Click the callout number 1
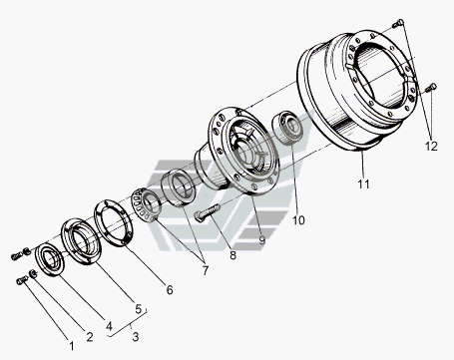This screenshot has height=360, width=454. point(72,346)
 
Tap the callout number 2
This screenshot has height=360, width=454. point(90,337)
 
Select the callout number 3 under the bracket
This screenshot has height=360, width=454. point(135,337)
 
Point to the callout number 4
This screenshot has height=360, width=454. point(109,326)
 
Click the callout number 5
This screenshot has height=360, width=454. point(139,309)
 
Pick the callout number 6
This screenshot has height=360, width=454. point(170,290)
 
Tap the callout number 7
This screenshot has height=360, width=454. point(206,270)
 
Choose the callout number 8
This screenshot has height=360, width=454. point(232,255)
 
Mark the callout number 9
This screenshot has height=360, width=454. point(262,239)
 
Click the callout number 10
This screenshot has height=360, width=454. point(298,220)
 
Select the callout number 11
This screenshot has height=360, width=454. point(363,183)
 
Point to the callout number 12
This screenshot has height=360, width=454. point(431,146)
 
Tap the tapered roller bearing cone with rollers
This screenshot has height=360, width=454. point(147,204)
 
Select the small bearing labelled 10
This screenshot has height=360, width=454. point(288,128)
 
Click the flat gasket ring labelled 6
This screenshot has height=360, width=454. point(114,223)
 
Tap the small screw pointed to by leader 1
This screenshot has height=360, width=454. point(22,281)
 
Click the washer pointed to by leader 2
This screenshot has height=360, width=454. point(33,274)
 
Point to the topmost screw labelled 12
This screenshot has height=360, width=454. point(398,23)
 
